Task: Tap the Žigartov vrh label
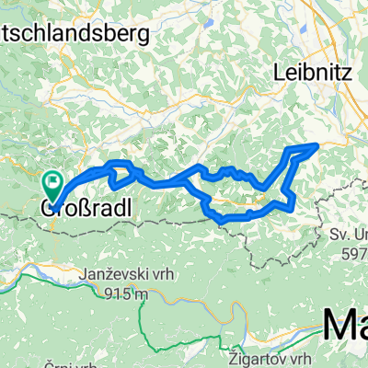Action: [261, 356]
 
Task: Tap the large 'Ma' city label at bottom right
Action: [344, 328]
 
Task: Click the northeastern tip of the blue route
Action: [317, 144]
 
